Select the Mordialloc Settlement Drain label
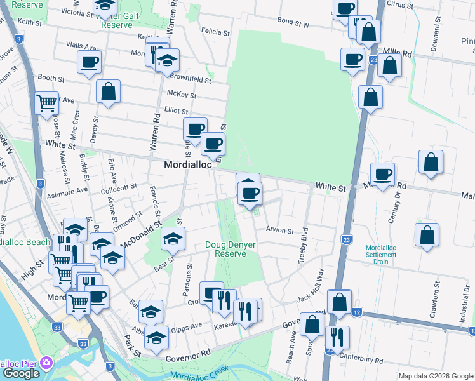tap(382, 255)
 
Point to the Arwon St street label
tap(279, 231)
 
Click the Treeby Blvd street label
tap(304, 244)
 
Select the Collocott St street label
tap(119, 187)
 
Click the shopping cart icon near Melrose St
tap(47, 102)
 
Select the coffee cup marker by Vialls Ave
tap(89, 62)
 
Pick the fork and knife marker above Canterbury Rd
tap(337, 337)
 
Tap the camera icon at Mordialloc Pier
tap(45, 363)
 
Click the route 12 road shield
tap(358, 312)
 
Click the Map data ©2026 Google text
tap(435, 376)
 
